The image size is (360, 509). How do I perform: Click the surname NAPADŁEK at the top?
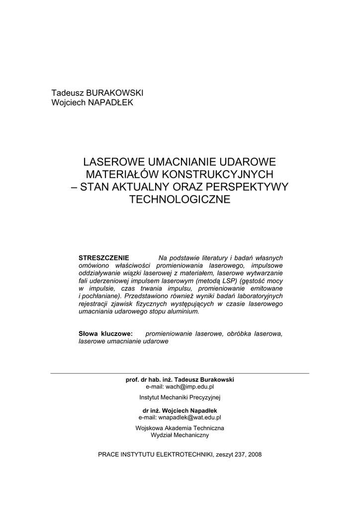(110, 102)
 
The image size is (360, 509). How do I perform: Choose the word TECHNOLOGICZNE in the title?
(180, 199)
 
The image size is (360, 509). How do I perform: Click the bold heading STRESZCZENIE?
(104, 257)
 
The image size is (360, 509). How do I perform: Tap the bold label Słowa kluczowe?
(105, 334)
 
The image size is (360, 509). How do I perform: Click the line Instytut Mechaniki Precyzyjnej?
(180, 398)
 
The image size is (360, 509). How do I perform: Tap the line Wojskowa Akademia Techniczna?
(180, 428)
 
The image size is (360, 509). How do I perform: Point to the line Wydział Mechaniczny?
(180, 435)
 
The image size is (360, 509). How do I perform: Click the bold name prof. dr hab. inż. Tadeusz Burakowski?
(180, 379)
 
